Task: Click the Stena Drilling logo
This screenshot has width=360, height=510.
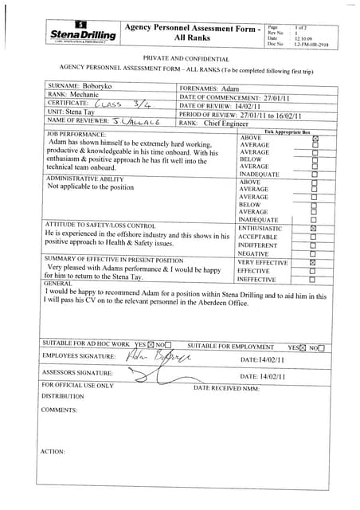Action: click(x=84, y=33)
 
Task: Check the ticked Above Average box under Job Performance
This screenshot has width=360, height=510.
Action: click(x=313, y=139)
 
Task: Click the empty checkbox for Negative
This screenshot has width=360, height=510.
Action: click(x=313, y=253)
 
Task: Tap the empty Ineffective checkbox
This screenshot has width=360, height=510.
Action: click(x=313, y=280)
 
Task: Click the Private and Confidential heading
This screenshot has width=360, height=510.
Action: click(x=186, y=59)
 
